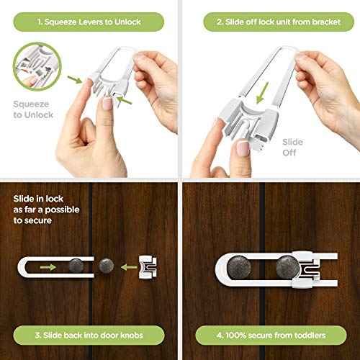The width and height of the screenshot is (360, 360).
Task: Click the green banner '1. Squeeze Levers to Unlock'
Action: coord(89,22)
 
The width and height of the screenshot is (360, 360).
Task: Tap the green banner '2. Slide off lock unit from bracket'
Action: coord(269,22)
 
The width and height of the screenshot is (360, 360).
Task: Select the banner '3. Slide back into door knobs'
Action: coord(89,336)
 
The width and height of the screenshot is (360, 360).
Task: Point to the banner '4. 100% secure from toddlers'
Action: coord(269,336)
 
